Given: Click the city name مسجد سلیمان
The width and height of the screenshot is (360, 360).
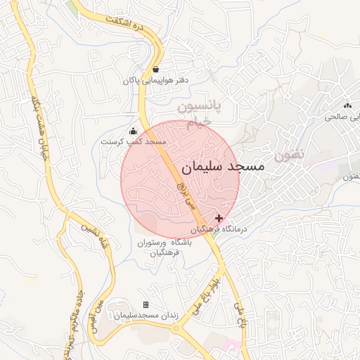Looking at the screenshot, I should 223,167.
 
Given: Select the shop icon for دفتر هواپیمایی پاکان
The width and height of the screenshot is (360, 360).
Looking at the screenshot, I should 155,70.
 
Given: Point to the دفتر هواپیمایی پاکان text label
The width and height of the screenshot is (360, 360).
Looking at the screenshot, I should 156,81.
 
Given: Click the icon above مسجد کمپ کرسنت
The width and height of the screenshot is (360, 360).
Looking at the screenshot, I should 133,131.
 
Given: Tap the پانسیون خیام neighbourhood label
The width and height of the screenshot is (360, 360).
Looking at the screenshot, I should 198,115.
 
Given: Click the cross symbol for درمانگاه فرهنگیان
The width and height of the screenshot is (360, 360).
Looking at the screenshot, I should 219,219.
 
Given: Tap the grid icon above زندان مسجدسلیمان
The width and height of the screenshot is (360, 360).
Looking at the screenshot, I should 146,304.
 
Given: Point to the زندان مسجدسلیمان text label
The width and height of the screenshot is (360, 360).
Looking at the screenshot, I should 146,315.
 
